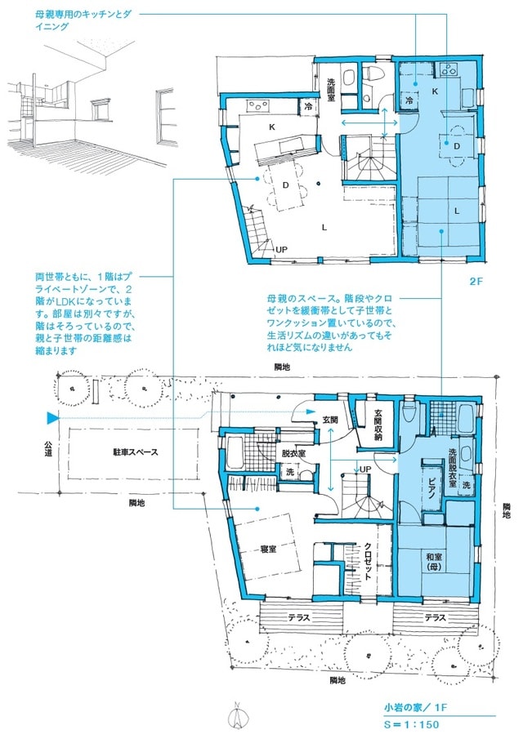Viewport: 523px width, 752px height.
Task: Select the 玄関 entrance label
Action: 330,419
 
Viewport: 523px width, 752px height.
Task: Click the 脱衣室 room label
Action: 293,452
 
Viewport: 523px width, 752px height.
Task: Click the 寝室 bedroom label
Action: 267,549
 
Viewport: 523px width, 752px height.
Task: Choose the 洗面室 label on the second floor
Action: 331,89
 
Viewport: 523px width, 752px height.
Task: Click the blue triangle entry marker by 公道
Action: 53,419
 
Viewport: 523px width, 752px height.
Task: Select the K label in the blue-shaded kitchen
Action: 435,91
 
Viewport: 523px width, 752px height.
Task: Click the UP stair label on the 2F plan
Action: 281,249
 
